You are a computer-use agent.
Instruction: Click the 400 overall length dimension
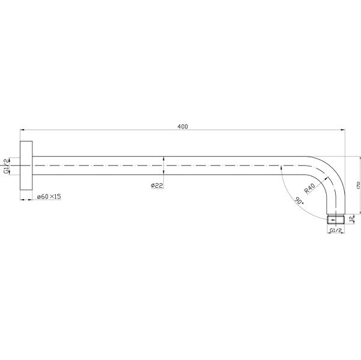click(x=183, y=126)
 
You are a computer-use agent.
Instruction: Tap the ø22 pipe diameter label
click(x=157, y=185)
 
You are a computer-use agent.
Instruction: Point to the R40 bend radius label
click(x=310, y=188)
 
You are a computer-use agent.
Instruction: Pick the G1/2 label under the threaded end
click(x=336, y=230)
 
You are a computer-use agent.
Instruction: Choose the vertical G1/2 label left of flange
click(x=6, y=166)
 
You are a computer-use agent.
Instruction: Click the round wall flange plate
click(x=26, y=165)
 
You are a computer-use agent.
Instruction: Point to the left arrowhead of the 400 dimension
click(x=23, y=130)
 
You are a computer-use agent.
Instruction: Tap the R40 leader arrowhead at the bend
click(x=327, y=178)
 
